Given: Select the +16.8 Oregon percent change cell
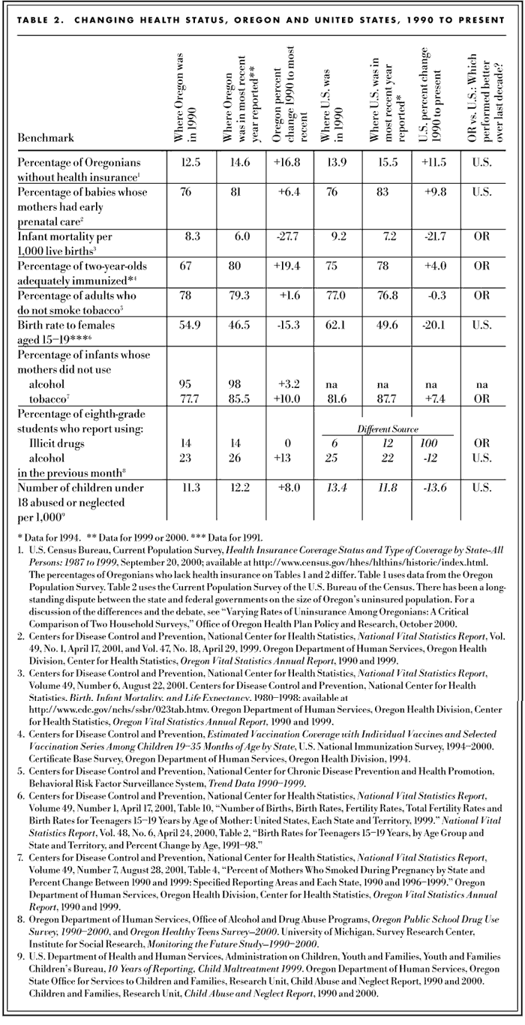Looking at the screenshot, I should pos(289,161).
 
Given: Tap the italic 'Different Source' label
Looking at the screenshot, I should pos(388,428).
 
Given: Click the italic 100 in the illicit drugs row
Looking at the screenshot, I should pos(435,443).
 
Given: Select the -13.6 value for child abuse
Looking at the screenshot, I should pos(435,489).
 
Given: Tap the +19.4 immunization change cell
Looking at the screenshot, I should pos(289,266).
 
